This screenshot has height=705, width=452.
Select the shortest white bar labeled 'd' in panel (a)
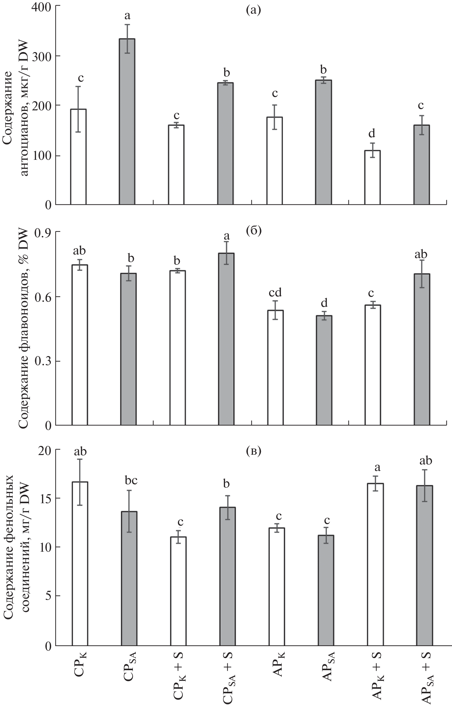372,177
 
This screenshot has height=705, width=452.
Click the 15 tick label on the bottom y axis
46,499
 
